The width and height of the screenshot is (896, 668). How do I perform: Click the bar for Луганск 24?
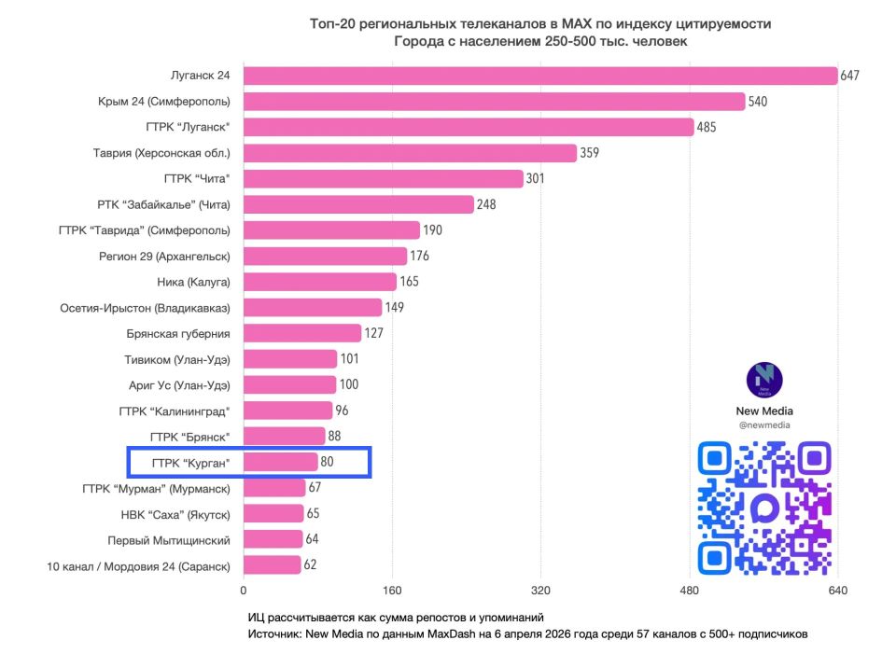click(x=540, y=76)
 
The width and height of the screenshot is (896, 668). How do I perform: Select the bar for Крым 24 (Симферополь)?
click(x=494, y=102)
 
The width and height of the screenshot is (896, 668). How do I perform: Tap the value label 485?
click(x=706, y=127)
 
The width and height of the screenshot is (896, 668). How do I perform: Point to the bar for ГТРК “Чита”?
click(x=383, y=178)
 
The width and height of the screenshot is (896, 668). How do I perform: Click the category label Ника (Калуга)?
click(x=193, y=282)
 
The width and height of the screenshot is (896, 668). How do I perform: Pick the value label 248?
click(x=485, y=204)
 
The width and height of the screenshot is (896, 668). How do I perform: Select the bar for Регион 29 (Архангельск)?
click(x=325, y=256)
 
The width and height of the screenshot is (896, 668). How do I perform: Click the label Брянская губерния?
click(x=177, y=333)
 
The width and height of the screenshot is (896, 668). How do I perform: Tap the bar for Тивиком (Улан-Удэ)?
click(x=290, y=359)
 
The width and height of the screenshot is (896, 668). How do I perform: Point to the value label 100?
click(x=350, y=384)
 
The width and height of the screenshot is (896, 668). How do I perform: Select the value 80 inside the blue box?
click(x=327, y=462)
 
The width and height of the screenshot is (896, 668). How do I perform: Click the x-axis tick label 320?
click(x=540, y=591)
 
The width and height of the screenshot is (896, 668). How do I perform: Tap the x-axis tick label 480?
click(x=689, y=591)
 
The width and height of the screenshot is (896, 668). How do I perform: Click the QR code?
click(x=764, y=508)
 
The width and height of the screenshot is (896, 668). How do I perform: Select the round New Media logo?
click(x=764, y=380)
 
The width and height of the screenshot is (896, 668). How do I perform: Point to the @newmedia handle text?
click(x=764, y=425)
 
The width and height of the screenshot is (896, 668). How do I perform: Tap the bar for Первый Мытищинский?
click(x=273, y=539)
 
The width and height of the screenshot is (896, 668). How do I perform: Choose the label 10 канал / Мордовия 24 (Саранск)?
click(x=138, y=565)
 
